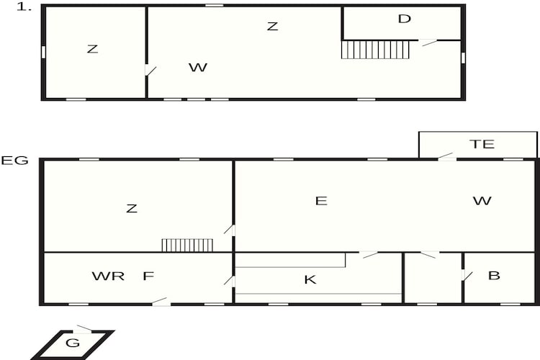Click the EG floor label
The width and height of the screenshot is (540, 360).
tap(14, 161)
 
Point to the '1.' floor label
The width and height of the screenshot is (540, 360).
tap(24, 7)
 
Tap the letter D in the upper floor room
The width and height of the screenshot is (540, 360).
tap(405, 19)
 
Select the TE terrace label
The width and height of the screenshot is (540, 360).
tap(482, 144)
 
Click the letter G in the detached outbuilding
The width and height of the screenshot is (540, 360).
tap(73, 343)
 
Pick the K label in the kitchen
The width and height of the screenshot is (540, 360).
tap(310, 279)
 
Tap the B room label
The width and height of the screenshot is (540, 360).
tap(494, 276)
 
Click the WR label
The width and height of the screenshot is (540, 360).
tap(108, 276)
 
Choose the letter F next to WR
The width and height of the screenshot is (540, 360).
tap(148, 276)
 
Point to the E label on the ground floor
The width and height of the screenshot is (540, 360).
tap(321, 201)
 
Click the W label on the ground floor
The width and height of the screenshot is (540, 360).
tap(482, 200)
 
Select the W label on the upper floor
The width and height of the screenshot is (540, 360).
tap(198, 68)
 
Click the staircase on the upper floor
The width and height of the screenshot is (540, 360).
tap(375, 50)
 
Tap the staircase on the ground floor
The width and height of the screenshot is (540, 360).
tap(187, 245)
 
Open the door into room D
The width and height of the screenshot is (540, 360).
tap(428, 42)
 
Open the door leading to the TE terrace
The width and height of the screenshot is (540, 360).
tap(446, 156)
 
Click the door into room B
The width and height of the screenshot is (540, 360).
tap(467, 275)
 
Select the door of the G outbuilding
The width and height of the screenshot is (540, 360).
tap(83, 329)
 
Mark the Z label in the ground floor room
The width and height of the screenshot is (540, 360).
tap(132, 208)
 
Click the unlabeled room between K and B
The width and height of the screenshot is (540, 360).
tap(433, 278)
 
